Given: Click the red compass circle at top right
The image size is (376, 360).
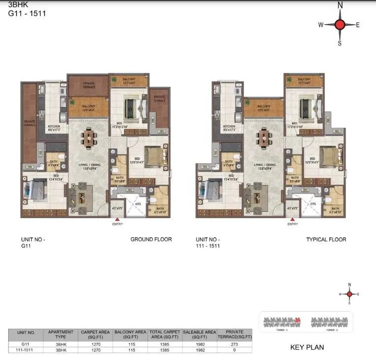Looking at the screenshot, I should click(340, 25).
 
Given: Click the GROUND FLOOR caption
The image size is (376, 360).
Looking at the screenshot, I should click(151, 239).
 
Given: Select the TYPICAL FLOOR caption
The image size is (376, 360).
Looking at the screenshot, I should click(326, 240).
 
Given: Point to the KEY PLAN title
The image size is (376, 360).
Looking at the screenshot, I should click(307, 347).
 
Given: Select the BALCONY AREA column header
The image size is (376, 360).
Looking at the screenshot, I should click(131, 335).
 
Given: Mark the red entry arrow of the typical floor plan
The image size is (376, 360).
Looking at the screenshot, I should click(292, 219).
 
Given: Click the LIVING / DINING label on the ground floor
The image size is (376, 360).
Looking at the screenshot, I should click(88, 166).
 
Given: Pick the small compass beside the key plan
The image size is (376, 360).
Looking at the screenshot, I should click(349, 294).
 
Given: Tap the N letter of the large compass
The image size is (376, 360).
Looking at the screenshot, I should click(340, 5).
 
